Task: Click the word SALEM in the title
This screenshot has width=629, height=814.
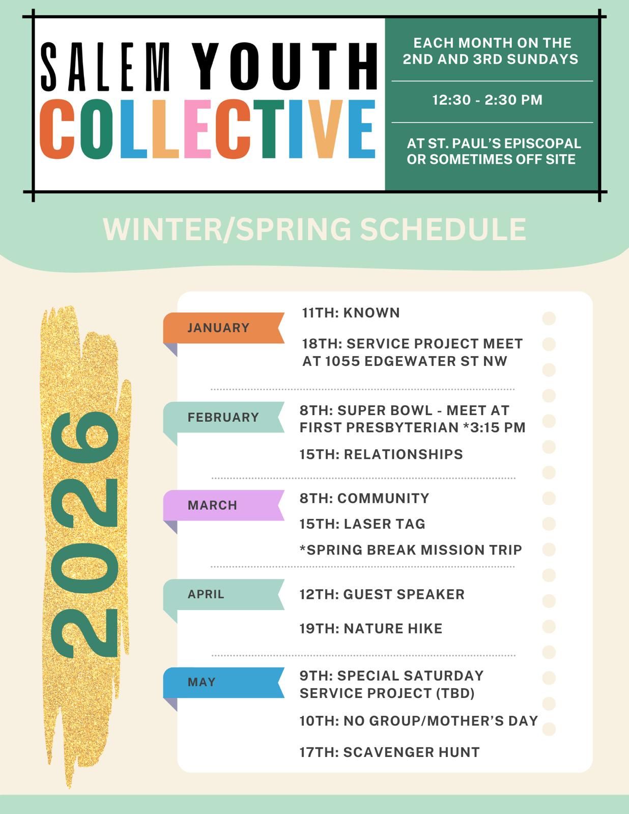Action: coord(105,67)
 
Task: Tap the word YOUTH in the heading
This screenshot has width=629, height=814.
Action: coord(286,66)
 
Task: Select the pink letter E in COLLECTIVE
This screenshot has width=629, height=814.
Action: coord(197,129)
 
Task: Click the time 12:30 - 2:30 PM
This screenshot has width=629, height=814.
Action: coord(488,100)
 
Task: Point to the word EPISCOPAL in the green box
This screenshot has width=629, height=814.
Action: coord(543,143)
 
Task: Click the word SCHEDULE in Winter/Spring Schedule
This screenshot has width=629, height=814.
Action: coord(443,229)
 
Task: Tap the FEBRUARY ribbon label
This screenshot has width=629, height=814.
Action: coord(223,417)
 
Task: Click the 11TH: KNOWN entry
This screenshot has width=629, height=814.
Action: coord(351,313)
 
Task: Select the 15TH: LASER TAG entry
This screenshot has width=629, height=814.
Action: coord(362,524)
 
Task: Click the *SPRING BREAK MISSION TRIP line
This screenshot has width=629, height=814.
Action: coord(411,550)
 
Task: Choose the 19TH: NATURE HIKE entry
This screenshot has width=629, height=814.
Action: coord(371,629)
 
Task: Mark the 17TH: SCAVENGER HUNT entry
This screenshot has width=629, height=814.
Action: coord(390,752)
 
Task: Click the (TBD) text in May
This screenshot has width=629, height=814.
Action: coord(455,693)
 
